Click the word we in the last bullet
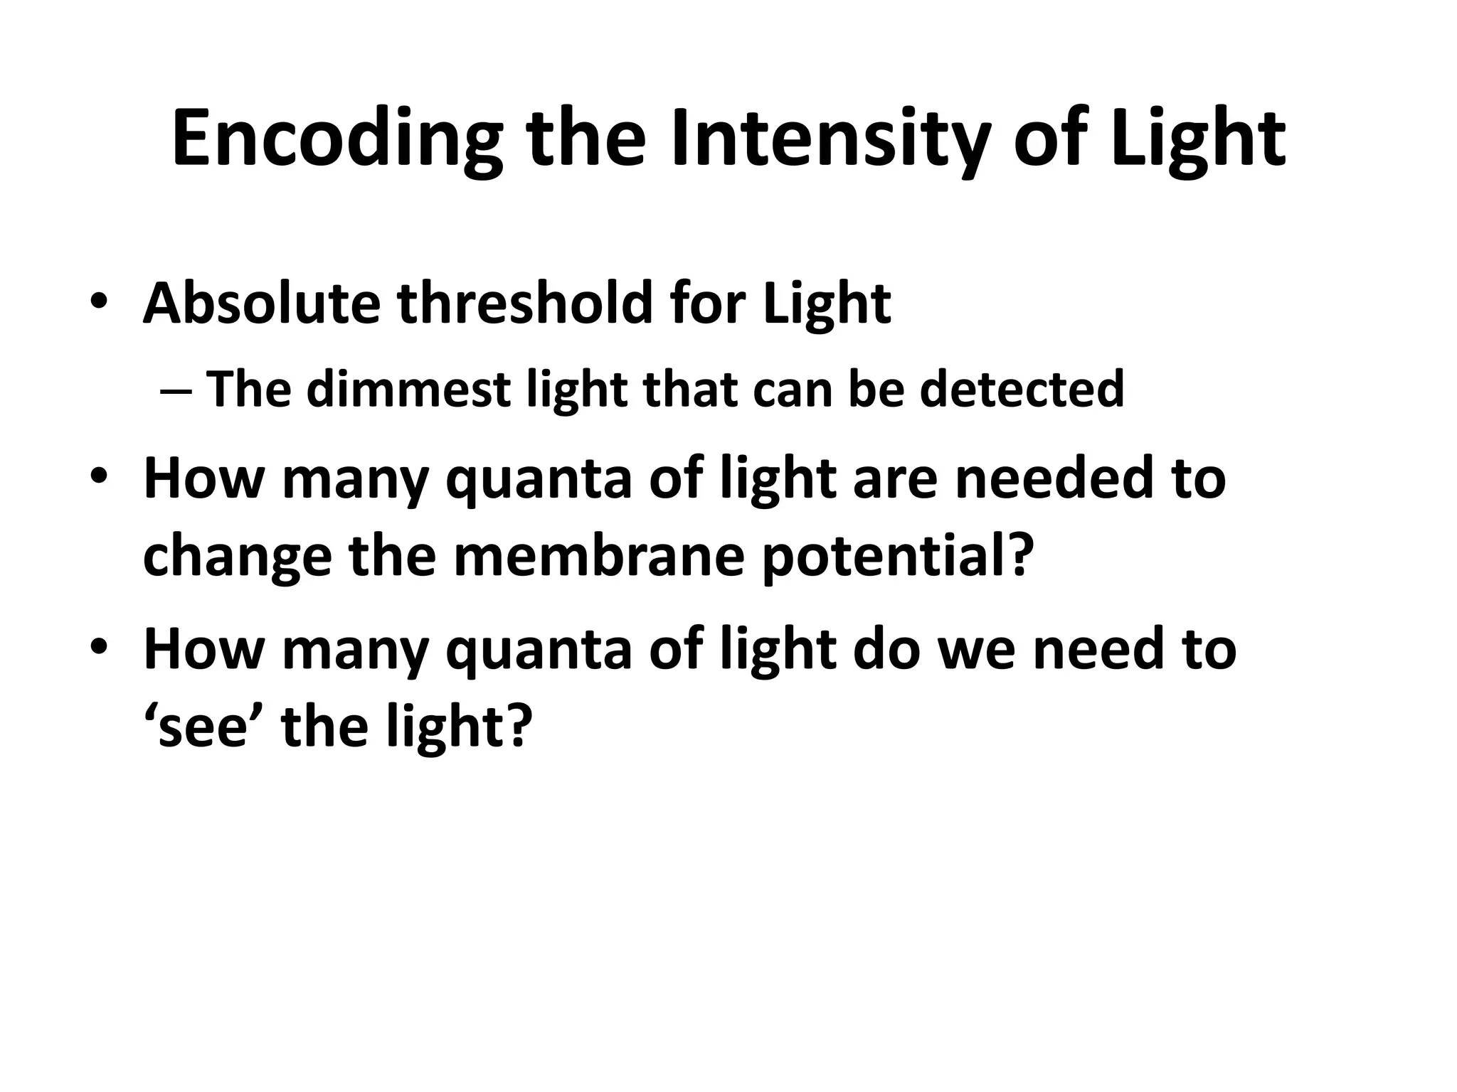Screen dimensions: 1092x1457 (x=979, y=649)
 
